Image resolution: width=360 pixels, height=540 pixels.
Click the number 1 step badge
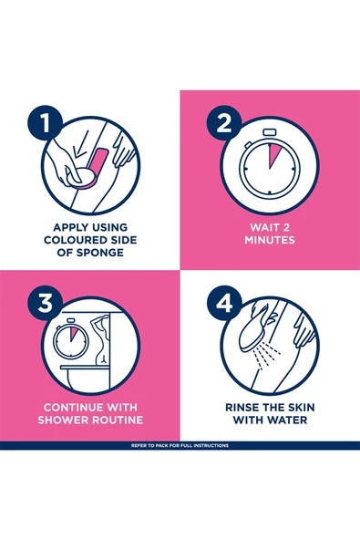45,122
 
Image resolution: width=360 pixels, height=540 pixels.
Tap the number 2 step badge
224,122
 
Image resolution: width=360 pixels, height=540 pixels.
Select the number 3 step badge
45,303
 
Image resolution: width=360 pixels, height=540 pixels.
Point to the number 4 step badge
224,303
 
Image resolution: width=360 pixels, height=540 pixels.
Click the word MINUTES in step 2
270,240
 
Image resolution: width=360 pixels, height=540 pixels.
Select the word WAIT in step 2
264,227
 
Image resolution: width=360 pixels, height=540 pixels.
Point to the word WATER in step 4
288,420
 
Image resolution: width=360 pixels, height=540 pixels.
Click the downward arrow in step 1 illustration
82,144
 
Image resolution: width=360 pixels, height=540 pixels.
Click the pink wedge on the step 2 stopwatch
274,154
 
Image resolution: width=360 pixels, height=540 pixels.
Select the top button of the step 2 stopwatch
270,132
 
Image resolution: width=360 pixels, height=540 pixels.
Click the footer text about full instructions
180,446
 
